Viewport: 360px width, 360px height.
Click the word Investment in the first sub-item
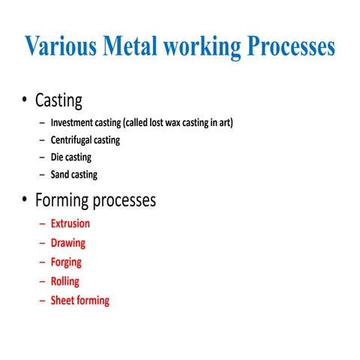[73, 123]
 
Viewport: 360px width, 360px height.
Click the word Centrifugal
[73, 140]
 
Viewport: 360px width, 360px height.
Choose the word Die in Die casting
[58, 157]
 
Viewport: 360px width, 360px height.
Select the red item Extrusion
[70, 223]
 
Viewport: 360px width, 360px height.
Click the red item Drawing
[68, 243]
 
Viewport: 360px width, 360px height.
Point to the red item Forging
[66, 262]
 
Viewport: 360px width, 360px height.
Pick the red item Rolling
[64, 281]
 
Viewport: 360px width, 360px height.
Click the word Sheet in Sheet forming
[62, 301]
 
